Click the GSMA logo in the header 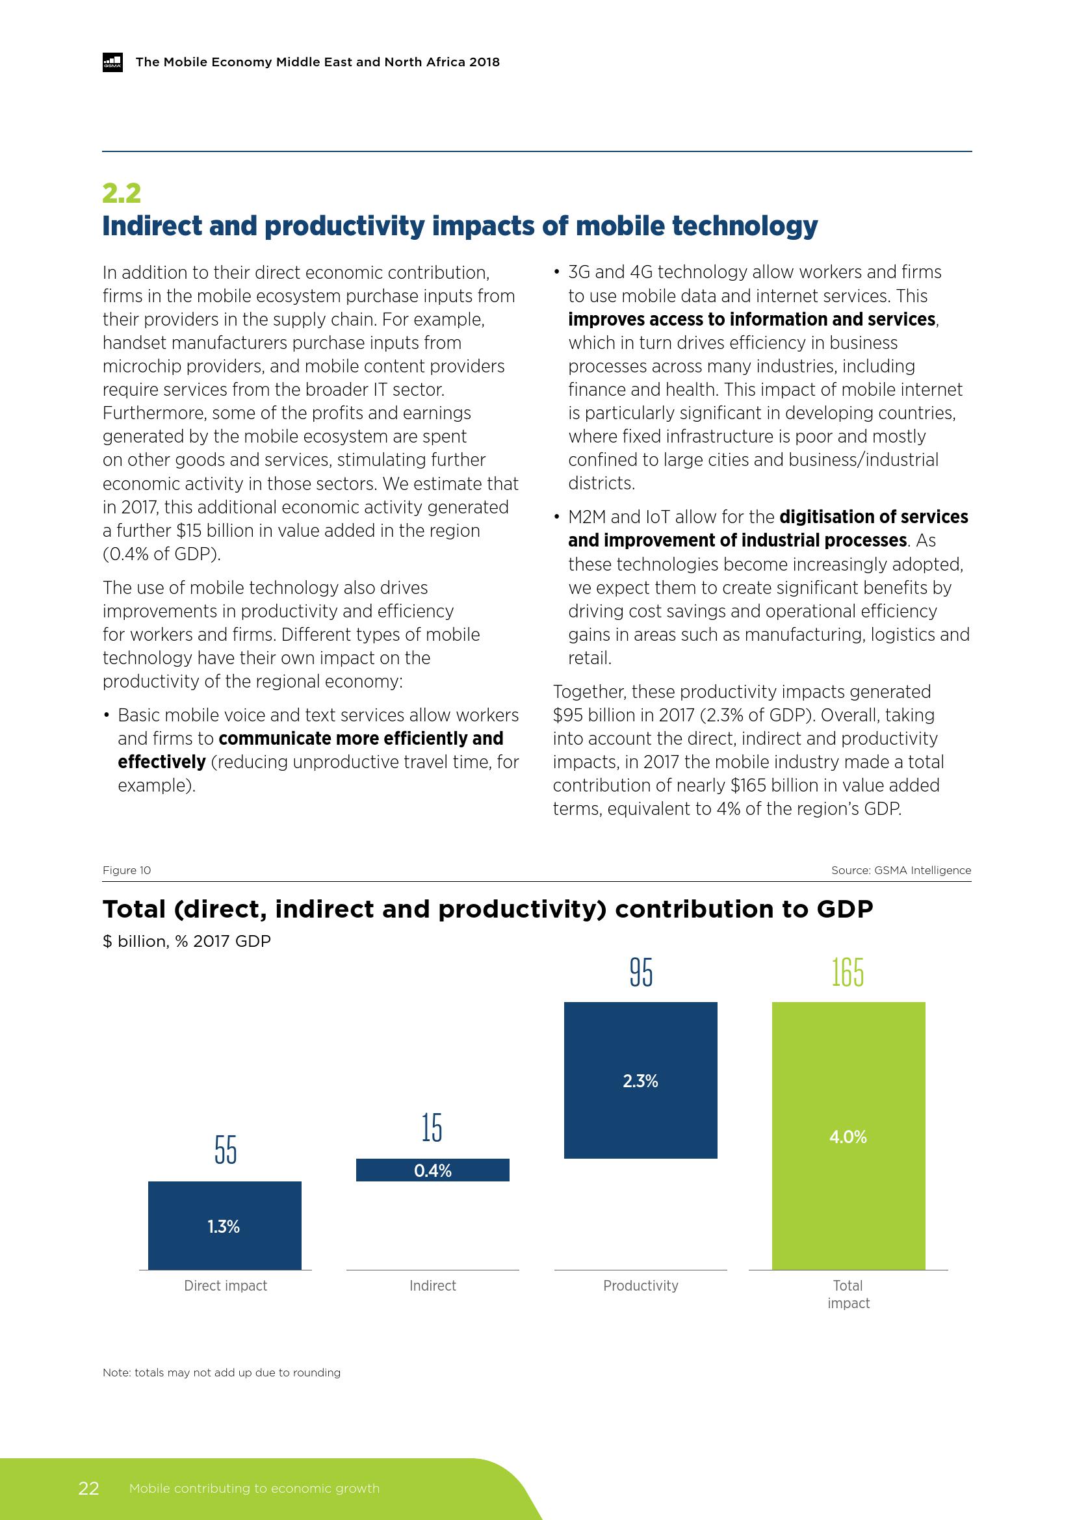tap(112, 62)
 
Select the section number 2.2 tap(122, 192)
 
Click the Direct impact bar tap(224, 1225)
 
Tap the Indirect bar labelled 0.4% tap(432, 1170)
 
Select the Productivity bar tap(640, 1080)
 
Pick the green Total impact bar tap(848, 1135)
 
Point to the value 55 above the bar tap(225, 1150)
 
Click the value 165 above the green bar tap(848, 972)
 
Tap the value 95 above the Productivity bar tap(641, 972)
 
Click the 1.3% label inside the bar tap(224, 1227)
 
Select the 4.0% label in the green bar tap(848, 1137)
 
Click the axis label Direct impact tap(225, 1285)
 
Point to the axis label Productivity tap(640, 1285)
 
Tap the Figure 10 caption tap(127, 871)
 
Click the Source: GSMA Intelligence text tap(901, 871)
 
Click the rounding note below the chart tap(221, 1372)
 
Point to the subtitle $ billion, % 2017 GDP tap(187, 942)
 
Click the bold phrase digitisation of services tap(873, 517)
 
